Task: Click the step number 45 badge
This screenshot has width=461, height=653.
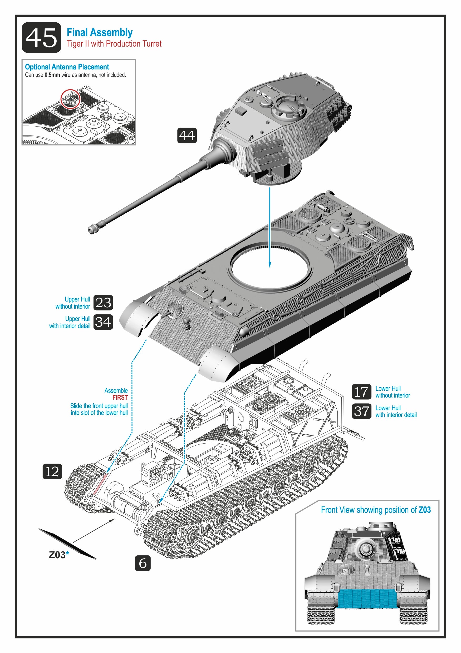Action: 41,38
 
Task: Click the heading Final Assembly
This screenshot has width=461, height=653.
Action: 99,32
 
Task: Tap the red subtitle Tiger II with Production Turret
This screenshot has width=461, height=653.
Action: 114,44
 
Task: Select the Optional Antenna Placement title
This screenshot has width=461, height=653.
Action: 67,67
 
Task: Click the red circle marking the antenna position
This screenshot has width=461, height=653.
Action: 70,99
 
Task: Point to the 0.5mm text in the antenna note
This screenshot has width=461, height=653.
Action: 52,75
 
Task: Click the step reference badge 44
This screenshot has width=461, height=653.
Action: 187,135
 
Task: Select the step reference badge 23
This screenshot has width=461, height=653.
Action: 103,303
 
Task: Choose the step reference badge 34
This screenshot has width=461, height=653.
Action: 103,322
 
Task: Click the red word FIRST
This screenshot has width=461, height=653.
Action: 120,397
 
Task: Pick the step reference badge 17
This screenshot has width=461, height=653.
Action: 361,392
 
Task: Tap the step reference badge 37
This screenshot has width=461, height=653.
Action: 361,411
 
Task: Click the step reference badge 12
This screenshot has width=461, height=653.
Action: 52,471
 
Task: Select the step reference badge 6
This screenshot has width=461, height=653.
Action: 143,563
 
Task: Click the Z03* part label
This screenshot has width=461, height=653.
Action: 59,555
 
